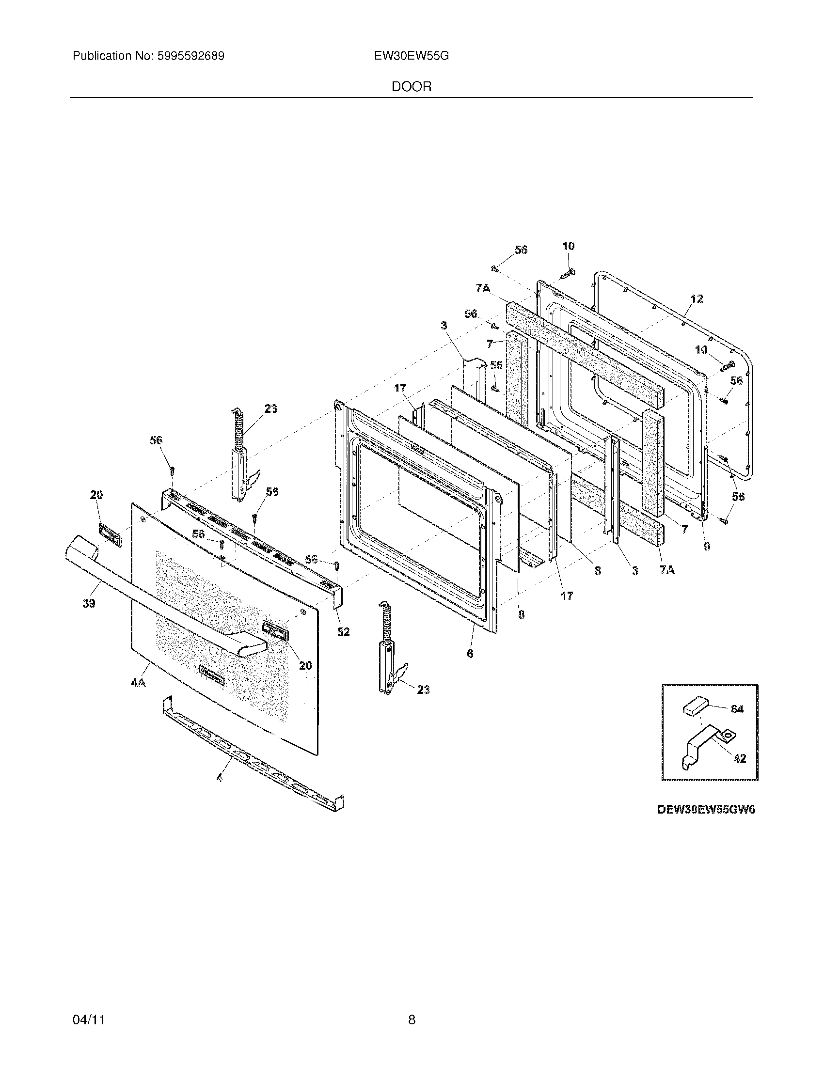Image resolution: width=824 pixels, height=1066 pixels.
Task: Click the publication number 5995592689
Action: [x=190, y=56]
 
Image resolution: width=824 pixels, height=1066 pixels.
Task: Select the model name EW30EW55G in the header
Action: [x=412, y=56]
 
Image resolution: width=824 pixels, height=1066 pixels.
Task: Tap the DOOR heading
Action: [x=412, y=87]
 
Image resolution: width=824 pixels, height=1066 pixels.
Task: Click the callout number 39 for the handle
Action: [x=89, y=603]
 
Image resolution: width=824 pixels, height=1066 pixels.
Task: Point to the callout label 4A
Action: [x=138, y=683]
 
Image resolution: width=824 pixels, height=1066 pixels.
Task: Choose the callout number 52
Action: [x=343, y=631]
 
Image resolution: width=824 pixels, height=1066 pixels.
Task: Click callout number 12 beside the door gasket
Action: [x=697, y=298]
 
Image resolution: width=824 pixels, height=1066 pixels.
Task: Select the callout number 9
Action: [x=707, y=547]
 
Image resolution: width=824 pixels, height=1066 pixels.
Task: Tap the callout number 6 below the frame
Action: [x=470, y=653]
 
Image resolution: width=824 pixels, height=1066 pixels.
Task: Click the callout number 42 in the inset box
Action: [x=740, y=758]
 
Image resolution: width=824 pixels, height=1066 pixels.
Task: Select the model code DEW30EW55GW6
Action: [x=706, y=809]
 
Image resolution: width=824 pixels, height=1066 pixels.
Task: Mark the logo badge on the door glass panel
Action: [x=214, y=674]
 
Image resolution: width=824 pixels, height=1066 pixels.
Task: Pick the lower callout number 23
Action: [x=423, y=690]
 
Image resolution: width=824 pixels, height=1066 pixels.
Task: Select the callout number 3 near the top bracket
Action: [x=444, y=325]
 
